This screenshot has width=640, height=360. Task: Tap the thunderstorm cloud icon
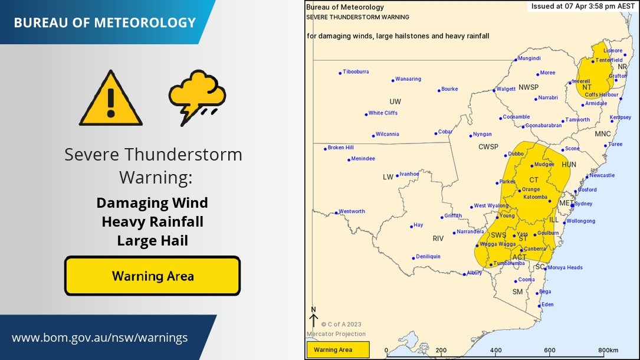(196, 97)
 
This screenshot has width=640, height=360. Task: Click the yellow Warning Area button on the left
(152, 276)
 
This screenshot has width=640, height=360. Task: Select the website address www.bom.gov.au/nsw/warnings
(100, 338)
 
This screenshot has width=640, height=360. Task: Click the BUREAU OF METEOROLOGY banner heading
(104, 23)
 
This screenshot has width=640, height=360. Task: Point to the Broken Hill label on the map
(340, 148)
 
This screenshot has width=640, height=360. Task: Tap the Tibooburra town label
(356, 72)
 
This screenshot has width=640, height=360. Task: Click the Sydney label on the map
(583, 204)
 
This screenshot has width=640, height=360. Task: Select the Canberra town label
(535, 249)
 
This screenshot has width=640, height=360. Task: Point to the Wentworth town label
(352, 211)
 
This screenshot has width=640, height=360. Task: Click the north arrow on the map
(313, 319)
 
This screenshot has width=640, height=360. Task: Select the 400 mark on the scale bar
(495, 350)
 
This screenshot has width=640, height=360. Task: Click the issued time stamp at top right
(582, 6)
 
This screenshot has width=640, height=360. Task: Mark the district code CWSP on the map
(488, 147)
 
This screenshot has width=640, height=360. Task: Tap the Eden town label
(548, 305)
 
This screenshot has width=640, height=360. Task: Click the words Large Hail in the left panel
(152, 241)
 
